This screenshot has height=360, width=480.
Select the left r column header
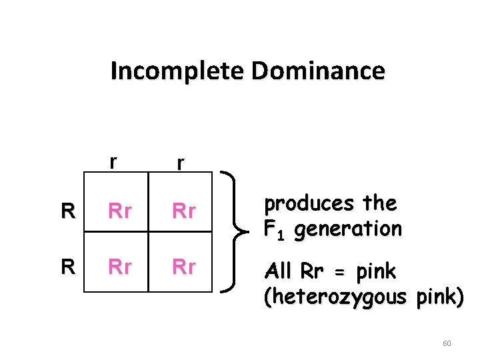[115, 162]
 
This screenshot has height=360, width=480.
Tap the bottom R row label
[67, 267]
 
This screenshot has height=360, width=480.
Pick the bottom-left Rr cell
[119, 267]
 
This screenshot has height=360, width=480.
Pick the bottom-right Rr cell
[184, 267]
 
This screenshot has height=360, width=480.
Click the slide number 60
[447, 343]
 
